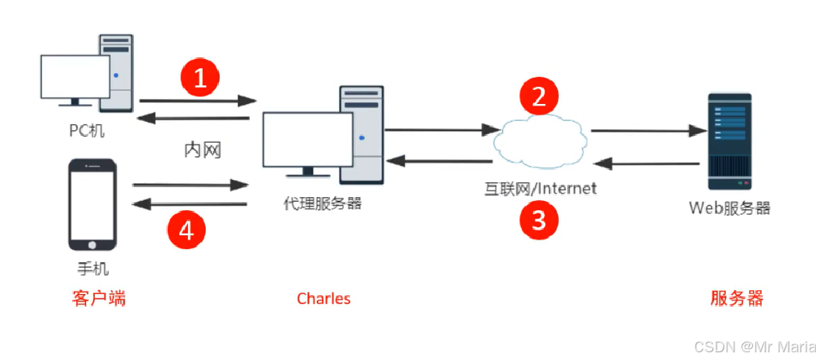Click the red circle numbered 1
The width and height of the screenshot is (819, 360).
[200, 80]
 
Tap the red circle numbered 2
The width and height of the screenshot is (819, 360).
[538, 97]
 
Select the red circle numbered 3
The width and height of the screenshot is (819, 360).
[538, 220]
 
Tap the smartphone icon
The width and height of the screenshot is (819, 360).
[92, 206]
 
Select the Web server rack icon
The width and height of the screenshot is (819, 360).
[729, 141]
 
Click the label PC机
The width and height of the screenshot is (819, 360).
[85, 130]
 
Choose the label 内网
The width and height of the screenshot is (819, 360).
[203, 150]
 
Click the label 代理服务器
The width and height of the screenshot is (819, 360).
[323, 204]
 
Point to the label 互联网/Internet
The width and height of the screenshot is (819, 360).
[540, 189]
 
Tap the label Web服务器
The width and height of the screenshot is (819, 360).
[730, 208]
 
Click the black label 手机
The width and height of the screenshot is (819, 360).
[92, 269]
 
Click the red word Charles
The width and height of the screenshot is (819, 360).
[324, 299]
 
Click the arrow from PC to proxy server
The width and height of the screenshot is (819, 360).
[198, 100]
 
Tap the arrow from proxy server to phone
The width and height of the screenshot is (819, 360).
[190, 204]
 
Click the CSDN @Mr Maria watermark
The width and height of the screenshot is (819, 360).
[753, 347]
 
